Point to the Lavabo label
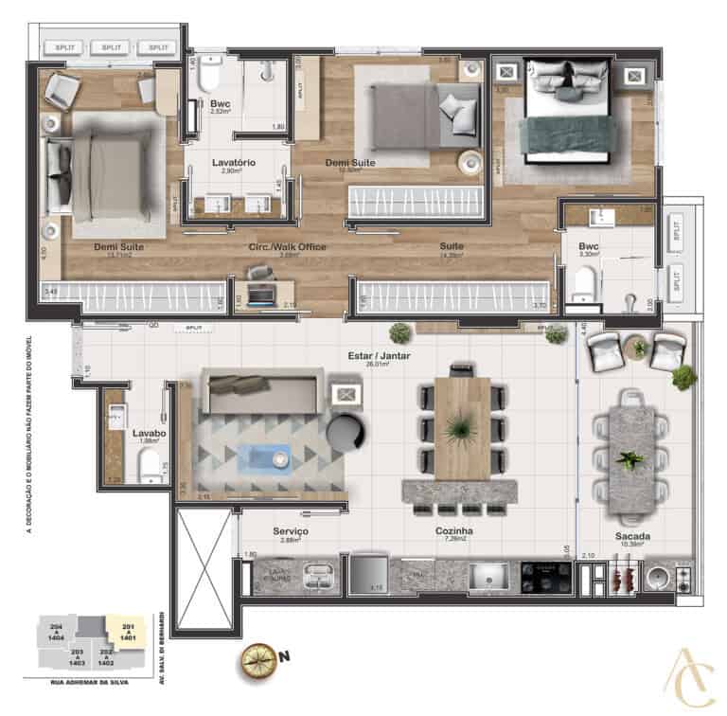click(149, 431)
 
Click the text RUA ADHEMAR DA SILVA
click(81, 681)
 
